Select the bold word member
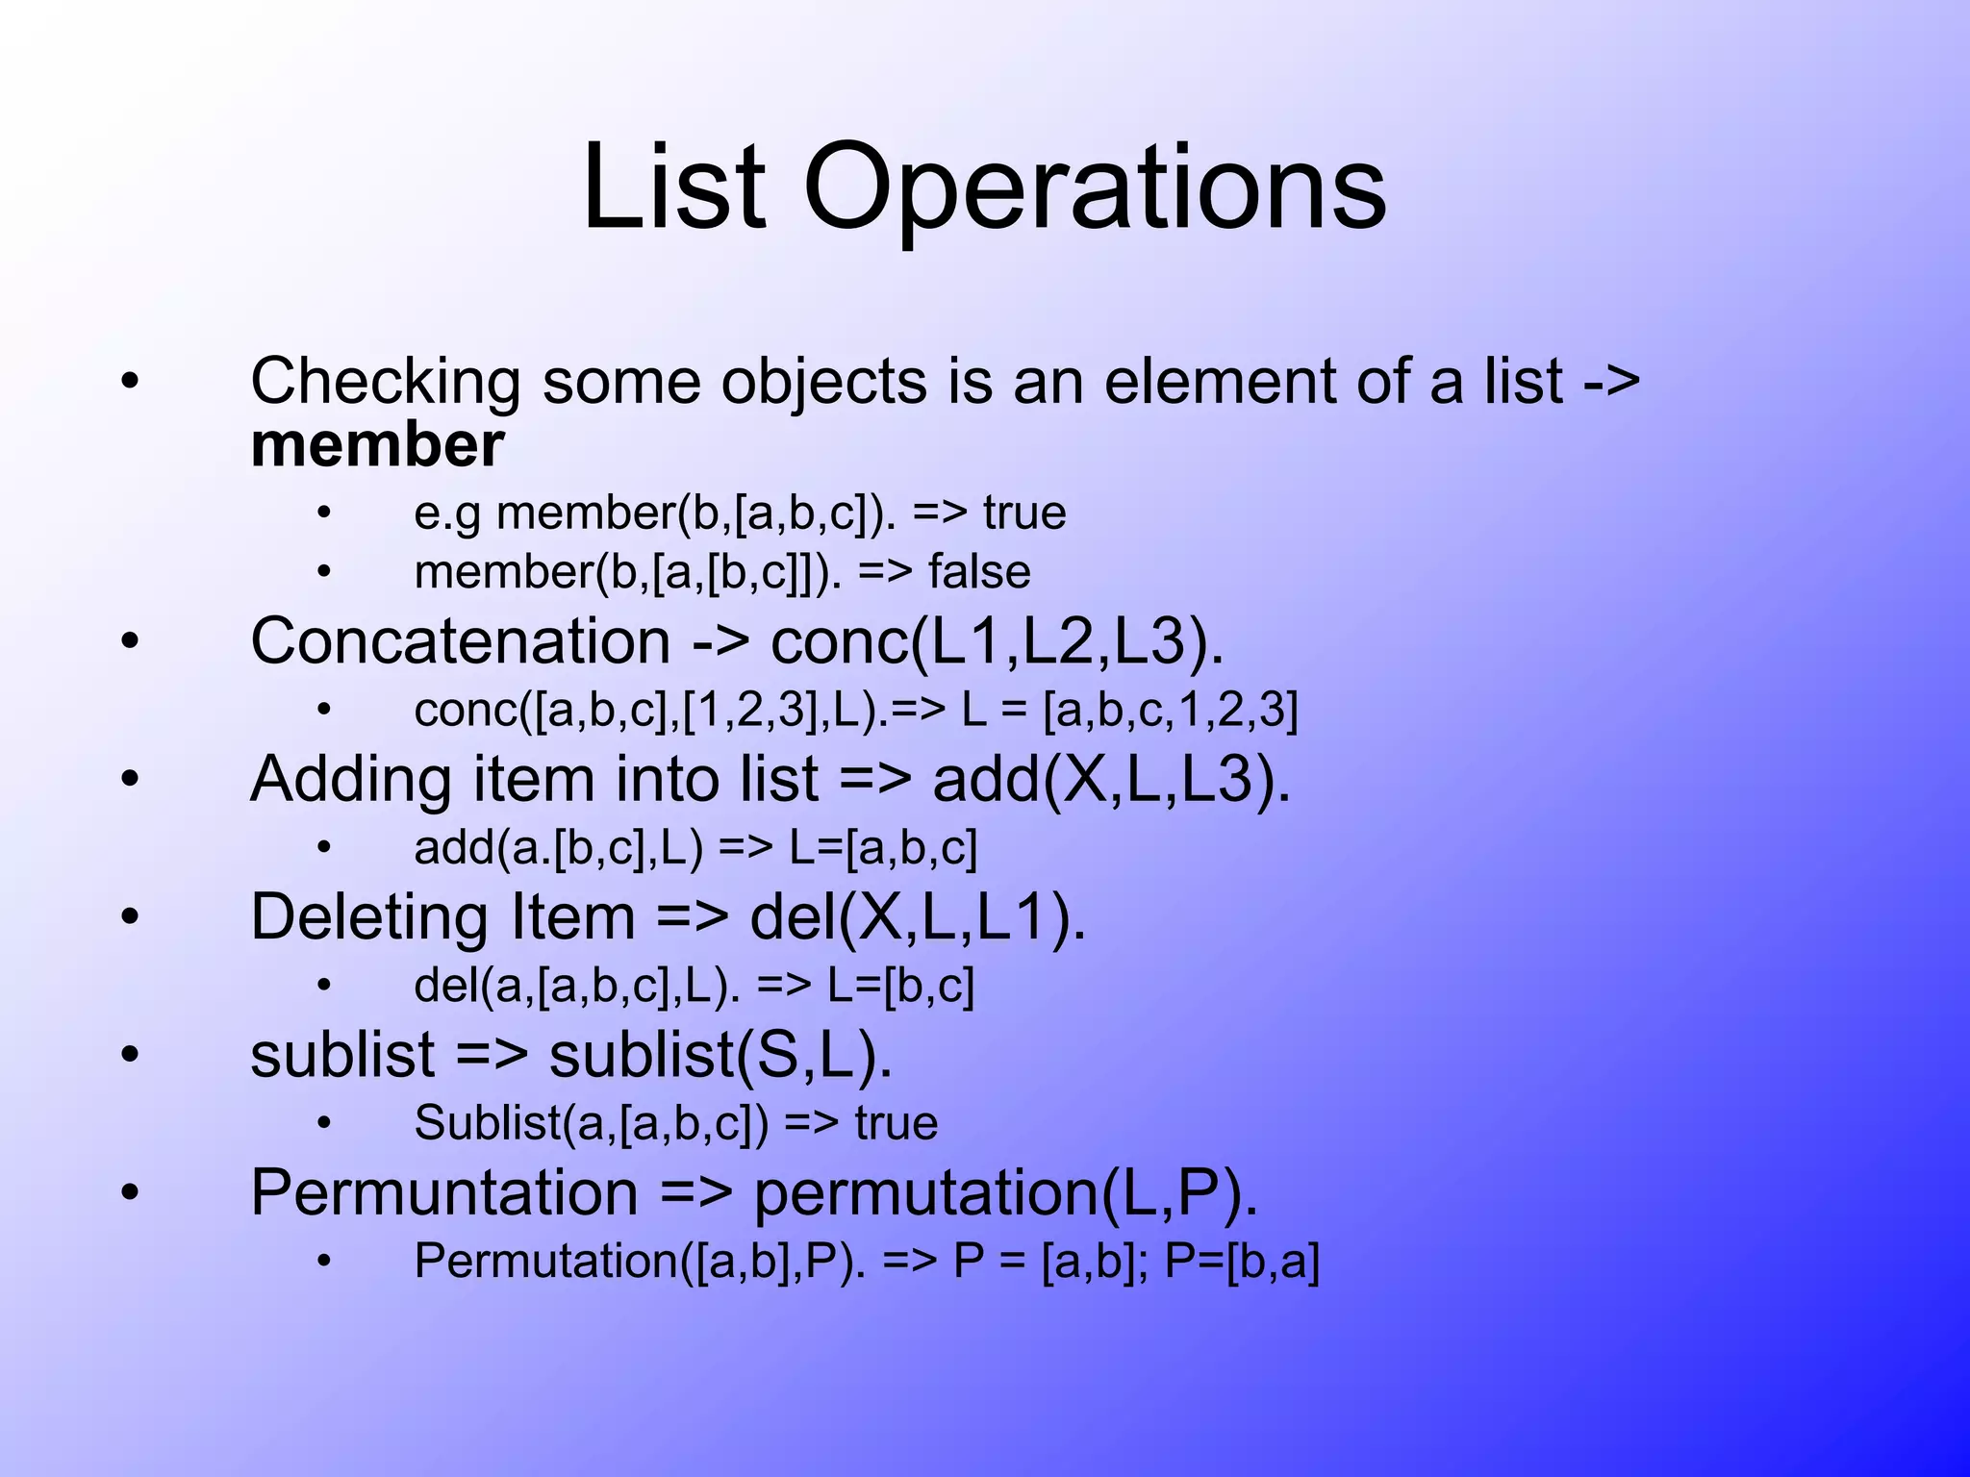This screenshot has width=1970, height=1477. [x=377, y=445]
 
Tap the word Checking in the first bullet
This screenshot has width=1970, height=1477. [x=386, y=382]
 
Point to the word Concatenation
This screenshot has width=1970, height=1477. [x=460, y=641]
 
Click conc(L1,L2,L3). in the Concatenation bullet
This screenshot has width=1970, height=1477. [x=997, y=641]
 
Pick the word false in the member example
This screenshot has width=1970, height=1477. [x=978, y=572]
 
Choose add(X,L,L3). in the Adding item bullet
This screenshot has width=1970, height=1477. [x=1111, y=779]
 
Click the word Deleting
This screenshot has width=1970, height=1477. [x=369, y=917]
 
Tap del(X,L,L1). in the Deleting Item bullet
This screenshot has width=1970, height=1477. [x=918, y=917]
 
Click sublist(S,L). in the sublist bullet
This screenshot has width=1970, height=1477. [x=720, y=1055]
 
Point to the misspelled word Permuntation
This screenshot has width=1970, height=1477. [x=444, y=1193]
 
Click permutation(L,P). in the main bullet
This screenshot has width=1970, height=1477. [x=1005, y=1193]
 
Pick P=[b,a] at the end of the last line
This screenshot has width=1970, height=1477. [x=1242, y=1262]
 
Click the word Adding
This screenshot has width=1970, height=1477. [x=350, y=779]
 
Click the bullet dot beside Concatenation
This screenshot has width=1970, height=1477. [x=130, y=641]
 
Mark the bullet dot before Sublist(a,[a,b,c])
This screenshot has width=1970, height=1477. [x=324, y=1123]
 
